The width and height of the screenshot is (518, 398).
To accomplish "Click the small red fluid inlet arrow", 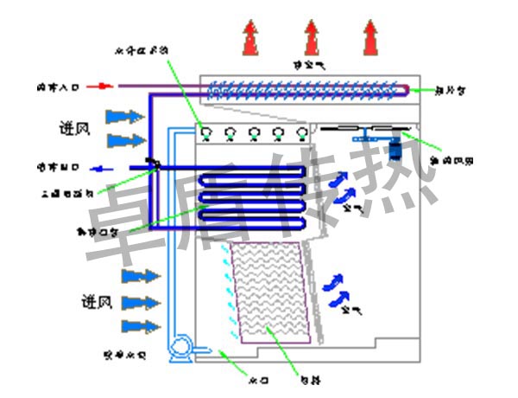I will pyautogui.click(x=103, y=86).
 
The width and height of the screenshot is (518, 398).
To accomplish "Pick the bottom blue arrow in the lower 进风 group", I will pyautogui.click(x=141, y=326).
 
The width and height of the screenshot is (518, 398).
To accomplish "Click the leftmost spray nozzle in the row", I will pyautogui.click(x=207, y=133).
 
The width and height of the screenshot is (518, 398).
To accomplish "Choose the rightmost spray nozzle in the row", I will pyautogui.click(x=301, y=133).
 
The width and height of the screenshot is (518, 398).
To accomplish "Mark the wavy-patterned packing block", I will pyautogui.click(x=269, y=290).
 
